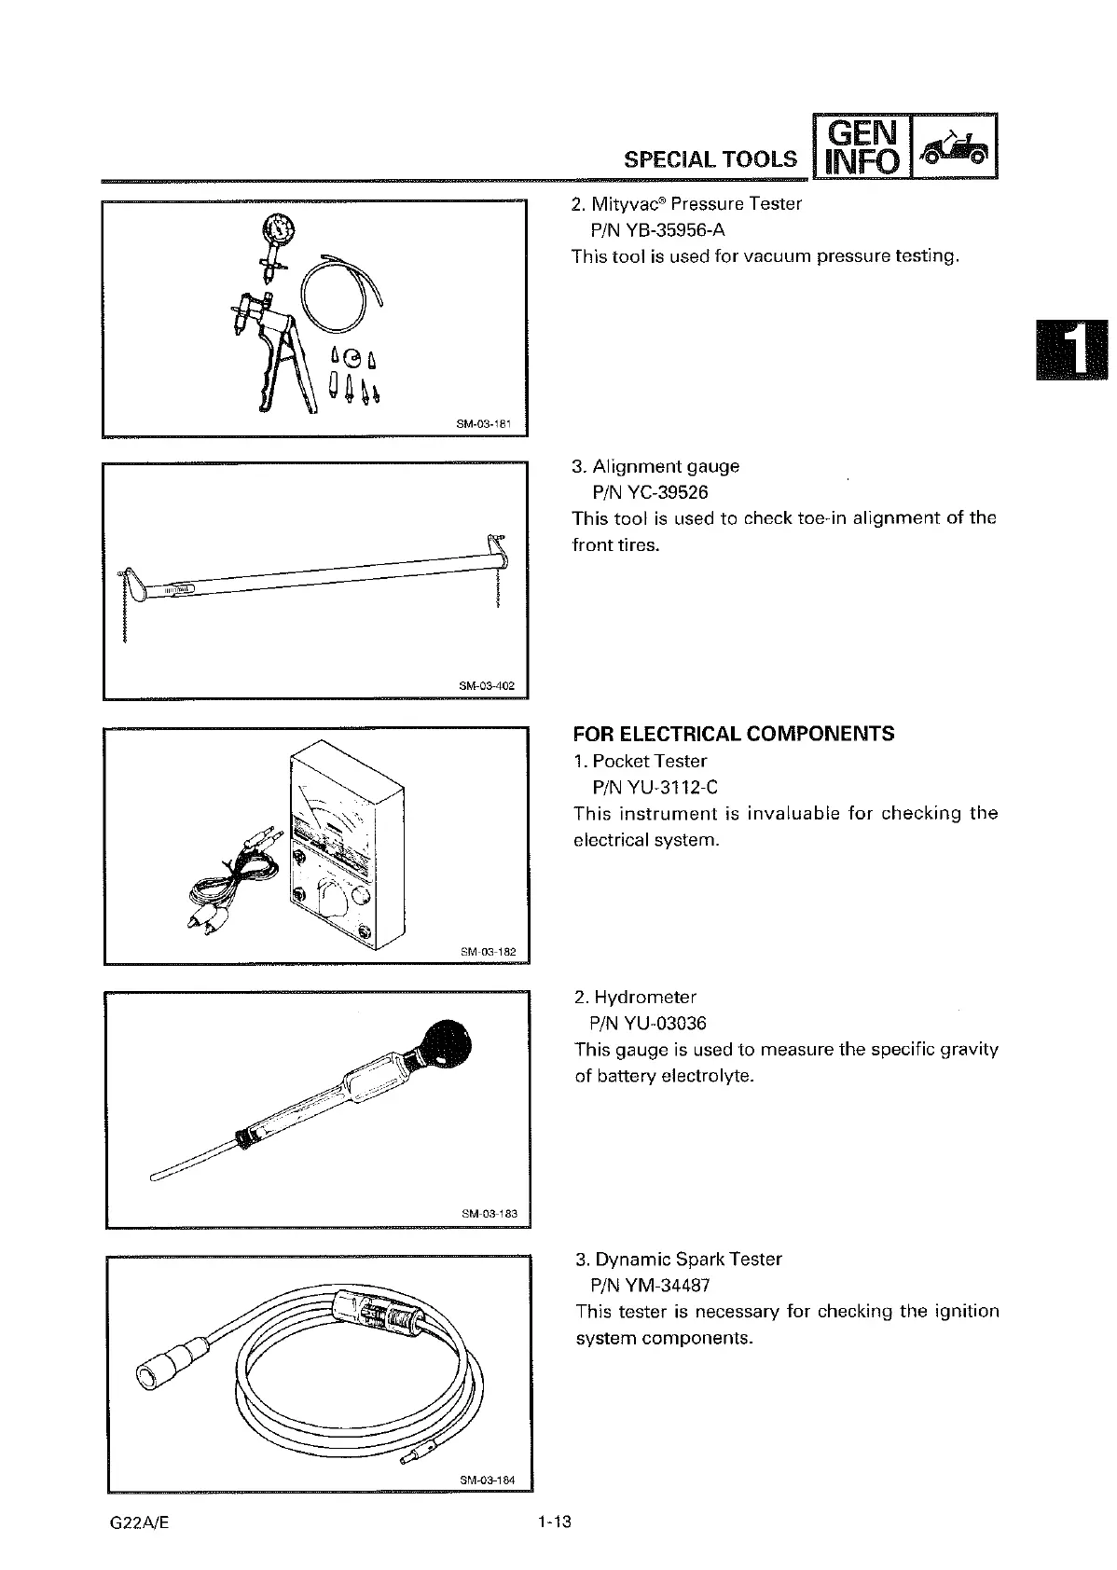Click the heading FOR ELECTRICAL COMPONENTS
[733, 734]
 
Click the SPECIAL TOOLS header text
[710, 159]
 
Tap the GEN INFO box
[859, 145]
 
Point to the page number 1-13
[553, 1522]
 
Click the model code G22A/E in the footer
[139, 1522]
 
